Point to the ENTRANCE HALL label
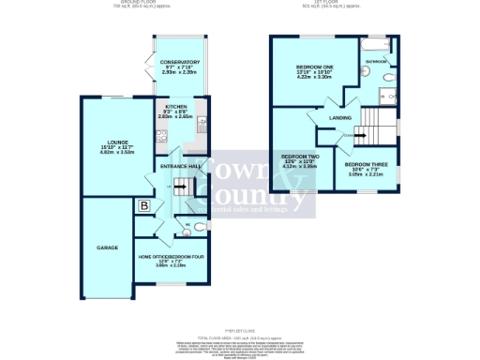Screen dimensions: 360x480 [181, 166]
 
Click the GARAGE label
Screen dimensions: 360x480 [106, 247]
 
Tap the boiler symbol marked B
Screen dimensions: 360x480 [144, 205]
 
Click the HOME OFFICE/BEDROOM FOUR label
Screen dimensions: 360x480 [171, 256]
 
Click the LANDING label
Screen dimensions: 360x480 [340, 118]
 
